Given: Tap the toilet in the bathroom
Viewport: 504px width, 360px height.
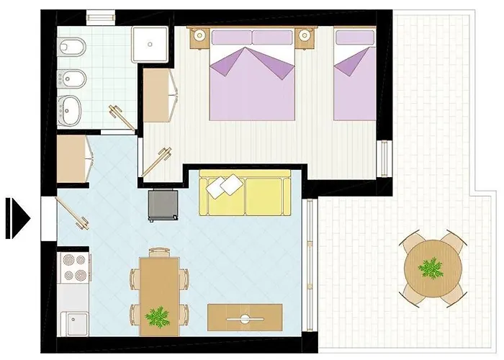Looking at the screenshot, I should click(73, 48).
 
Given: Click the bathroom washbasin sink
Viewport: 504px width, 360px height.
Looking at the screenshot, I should click(73, 110).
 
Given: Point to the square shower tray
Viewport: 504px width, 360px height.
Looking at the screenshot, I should click(150, 43).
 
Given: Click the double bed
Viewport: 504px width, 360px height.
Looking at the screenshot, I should click(252, 79).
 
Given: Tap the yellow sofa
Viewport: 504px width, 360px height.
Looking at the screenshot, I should click(245, 193).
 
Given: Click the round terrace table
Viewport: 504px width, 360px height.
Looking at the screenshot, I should click(431, 269).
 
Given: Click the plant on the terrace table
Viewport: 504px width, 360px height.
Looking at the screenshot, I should click(431, 269).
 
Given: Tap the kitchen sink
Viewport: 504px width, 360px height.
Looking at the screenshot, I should click(73, 322).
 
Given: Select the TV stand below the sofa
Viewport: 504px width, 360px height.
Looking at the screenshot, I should click(245, 317).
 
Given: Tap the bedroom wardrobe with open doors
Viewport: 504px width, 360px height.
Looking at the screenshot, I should click(160, 95).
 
